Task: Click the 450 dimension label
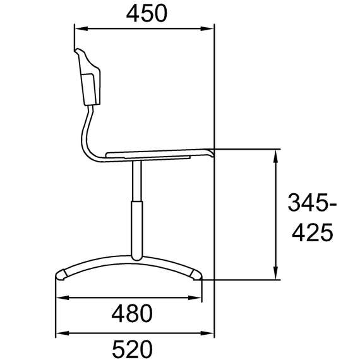(147, 13)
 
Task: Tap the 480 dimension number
(132, 313)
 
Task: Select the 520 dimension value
(132, 349)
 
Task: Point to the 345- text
(312, 203)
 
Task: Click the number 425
(312, 232)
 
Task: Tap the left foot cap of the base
(61, 275)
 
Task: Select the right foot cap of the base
(197, 275)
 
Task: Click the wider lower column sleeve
(137, 231)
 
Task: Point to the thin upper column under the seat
(137, 181)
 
